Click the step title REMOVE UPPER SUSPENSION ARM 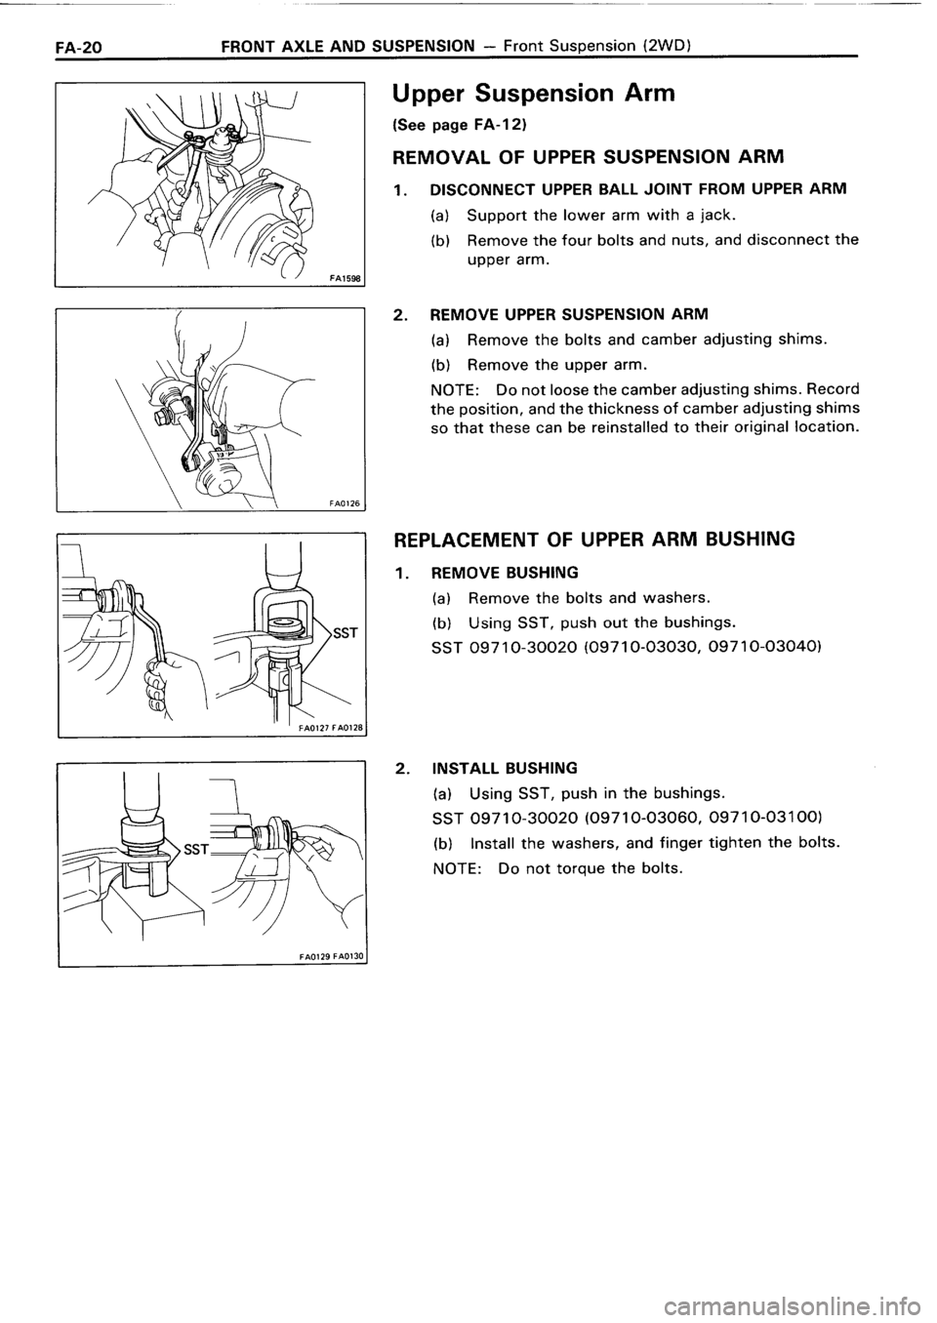click(x=569, y=314)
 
